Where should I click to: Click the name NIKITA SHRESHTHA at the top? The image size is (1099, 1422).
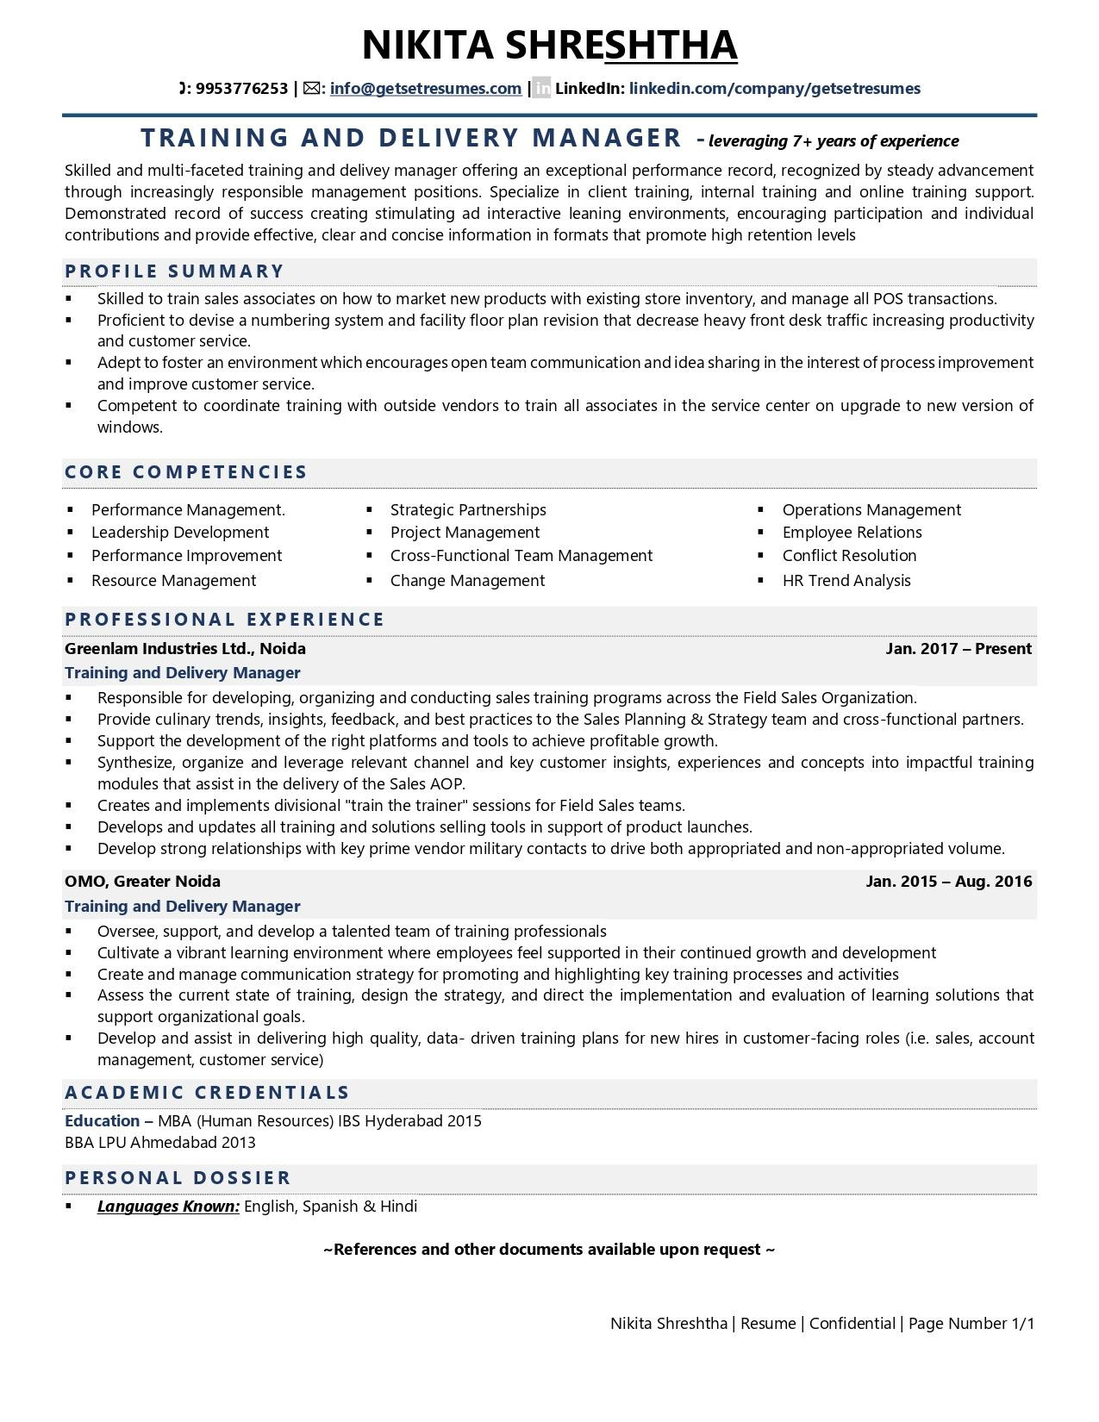click(549, 45)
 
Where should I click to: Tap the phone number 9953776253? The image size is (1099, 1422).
click(241, 88)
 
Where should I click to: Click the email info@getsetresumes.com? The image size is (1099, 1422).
click(425, 88)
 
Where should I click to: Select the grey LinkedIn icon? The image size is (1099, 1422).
click(541, 88)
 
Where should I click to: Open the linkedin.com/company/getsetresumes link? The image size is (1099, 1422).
click(774, 88)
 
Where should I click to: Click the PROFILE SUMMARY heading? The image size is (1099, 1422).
click(174, 271)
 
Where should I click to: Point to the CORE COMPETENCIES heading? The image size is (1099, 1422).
click(186, 472)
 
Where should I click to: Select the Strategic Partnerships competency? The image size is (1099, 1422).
click(468, 510)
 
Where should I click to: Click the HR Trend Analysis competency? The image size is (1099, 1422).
click(846, 581)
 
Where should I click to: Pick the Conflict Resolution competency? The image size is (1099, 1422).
click(849, 556)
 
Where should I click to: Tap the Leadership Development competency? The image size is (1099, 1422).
click(180, 533)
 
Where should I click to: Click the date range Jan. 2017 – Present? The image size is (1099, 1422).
click(958, 649)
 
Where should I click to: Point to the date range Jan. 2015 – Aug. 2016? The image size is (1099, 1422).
click(948, 882)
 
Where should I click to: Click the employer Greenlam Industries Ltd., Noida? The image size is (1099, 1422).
click(185, 649)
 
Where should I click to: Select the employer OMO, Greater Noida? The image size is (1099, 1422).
click(142, 882)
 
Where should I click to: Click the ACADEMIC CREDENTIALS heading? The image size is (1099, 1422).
click(207, 1093)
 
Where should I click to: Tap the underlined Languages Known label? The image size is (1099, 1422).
click(168, 1207)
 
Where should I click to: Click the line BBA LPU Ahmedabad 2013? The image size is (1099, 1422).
click(160, 1143)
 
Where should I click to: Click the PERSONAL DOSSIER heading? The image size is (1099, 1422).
click(178, 1178)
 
